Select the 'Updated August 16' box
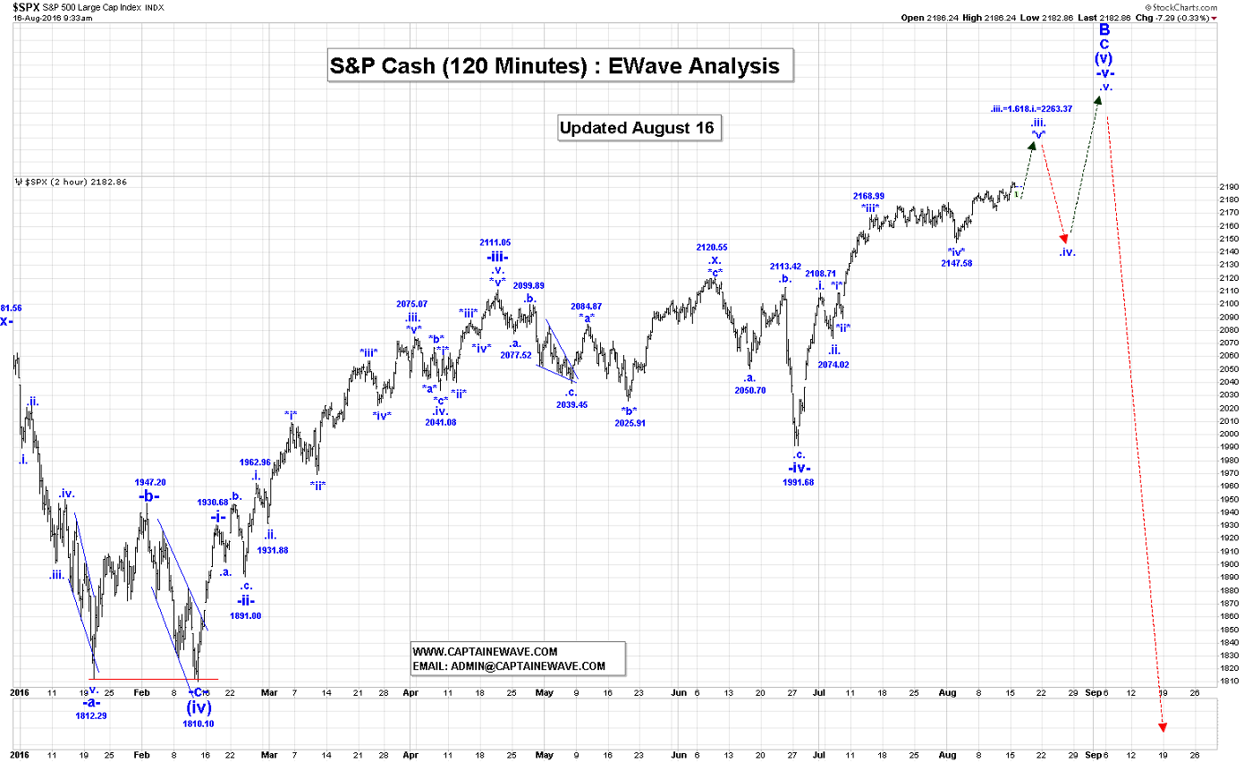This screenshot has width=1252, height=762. pos(636,128)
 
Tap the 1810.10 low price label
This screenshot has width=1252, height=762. pos(198,724)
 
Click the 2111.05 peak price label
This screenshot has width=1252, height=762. pos(495,242)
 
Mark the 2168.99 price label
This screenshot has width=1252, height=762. pos(869,196)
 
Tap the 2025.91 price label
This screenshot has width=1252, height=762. pos(630,423)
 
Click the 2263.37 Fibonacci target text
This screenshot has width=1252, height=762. pos(1031,108)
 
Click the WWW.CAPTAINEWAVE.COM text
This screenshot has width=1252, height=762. pos(485,652)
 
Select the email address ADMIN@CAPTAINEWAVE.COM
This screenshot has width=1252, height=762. pos(508,666)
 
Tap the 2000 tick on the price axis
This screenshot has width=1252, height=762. pos(1230,434)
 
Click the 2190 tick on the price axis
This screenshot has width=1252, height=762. pos(1230,186)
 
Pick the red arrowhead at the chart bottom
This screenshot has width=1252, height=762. pos(1163,726)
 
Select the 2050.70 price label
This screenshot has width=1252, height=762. pos(749,390)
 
